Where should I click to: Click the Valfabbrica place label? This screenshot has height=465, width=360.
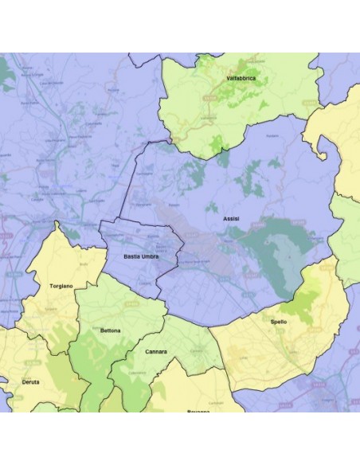point(240,79)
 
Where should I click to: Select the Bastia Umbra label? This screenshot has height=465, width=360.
point(141,256)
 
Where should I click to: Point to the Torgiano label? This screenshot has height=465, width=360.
point(61,285)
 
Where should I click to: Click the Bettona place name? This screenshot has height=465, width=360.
point(111,329)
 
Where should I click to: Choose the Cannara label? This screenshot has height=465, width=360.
point(156,351)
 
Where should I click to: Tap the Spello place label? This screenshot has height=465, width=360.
point(278,321)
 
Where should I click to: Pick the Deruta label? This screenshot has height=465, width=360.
point(30,382)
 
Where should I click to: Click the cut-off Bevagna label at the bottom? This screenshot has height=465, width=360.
point(200,409)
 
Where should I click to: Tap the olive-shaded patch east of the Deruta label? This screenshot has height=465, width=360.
point(56,390)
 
